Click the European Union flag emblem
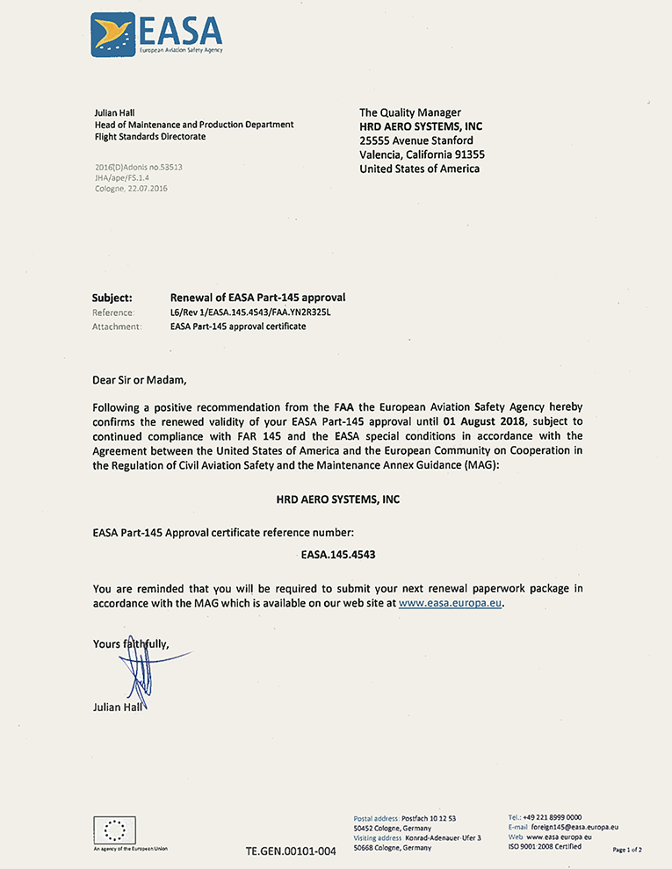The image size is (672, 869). (x=114, y=829)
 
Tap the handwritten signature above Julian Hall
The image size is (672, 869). (x=141, y=671)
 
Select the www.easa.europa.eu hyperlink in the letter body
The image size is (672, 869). (x=451, y=604)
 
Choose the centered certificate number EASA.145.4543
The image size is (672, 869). (x=337, y=555)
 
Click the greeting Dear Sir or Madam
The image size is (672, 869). (x=140, y=381)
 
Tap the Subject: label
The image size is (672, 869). (x=112, y=298)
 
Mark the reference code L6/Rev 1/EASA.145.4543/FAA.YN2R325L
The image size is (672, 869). (x=255, y=312)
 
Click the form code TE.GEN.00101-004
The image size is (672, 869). (x=291, y=851)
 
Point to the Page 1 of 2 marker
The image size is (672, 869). (x=627, y=850)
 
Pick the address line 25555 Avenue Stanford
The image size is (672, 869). (x=416, y=140)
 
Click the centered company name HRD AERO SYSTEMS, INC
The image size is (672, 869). (x=337, y=499)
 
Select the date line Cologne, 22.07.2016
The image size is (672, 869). (x=130, y=188)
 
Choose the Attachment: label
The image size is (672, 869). (x=116, y=327)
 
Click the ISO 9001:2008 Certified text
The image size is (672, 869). (x=545, y=847)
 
